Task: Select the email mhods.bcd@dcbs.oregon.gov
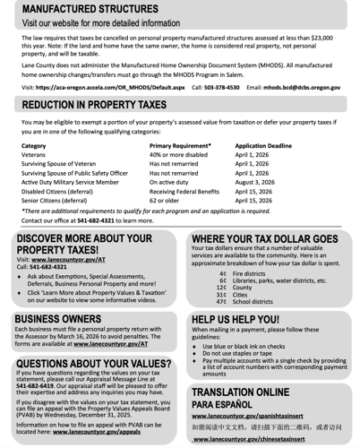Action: pos(302,88)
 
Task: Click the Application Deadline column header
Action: pos(262,145)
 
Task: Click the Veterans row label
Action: pos(33,154)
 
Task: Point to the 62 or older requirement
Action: pos(164,201)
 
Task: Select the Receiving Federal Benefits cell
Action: pos(184,191)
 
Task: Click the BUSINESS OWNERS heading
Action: pos(57,318)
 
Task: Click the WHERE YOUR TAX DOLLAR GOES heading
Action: pos(264,239)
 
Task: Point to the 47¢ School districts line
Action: pos(245,302)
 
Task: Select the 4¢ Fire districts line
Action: pos(242,272)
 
